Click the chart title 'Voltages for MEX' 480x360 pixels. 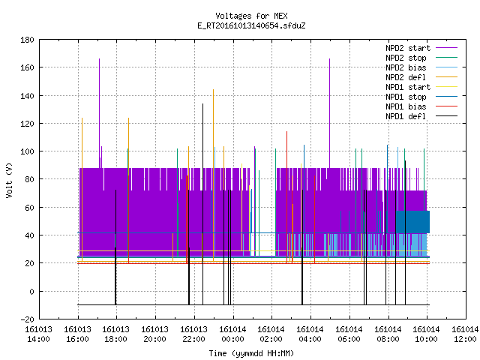point(251,16)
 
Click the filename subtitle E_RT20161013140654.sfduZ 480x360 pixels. point(251,25)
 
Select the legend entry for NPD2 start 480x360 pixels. point(421,48)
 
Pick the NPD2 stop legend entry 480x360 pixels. point(421,58)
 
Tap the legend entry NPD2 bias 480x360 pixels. point(421,67)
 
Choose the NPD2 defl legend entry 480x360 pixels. point(421,77)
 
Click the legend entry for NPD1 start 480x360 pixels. point(421,87)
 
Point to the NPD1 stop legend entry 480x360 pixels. point(421,97)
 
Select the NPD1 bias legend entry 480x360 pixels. point(421,106)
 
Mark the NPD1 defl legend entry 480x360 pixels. point(421,117)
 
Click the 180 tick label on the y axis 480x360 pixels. point(27,40)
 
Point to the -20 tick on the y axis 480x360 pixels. point(27,319)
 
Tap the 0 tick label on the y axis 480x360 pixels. point(31,292)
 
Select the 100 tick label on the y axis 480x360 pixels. point(27,151)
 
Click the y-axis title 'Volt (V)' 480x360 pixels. point(9,180)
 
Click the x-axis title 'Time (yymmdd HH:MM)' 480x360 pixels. point(251,353)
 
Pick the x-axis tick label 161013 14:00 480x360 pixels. point(38,334)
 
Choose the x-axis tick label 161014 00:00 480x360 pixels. point(233,334)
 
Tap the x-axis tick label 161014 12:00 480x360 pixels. point(465,334)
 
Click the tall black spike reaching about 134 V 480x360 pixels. point(202,204)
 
